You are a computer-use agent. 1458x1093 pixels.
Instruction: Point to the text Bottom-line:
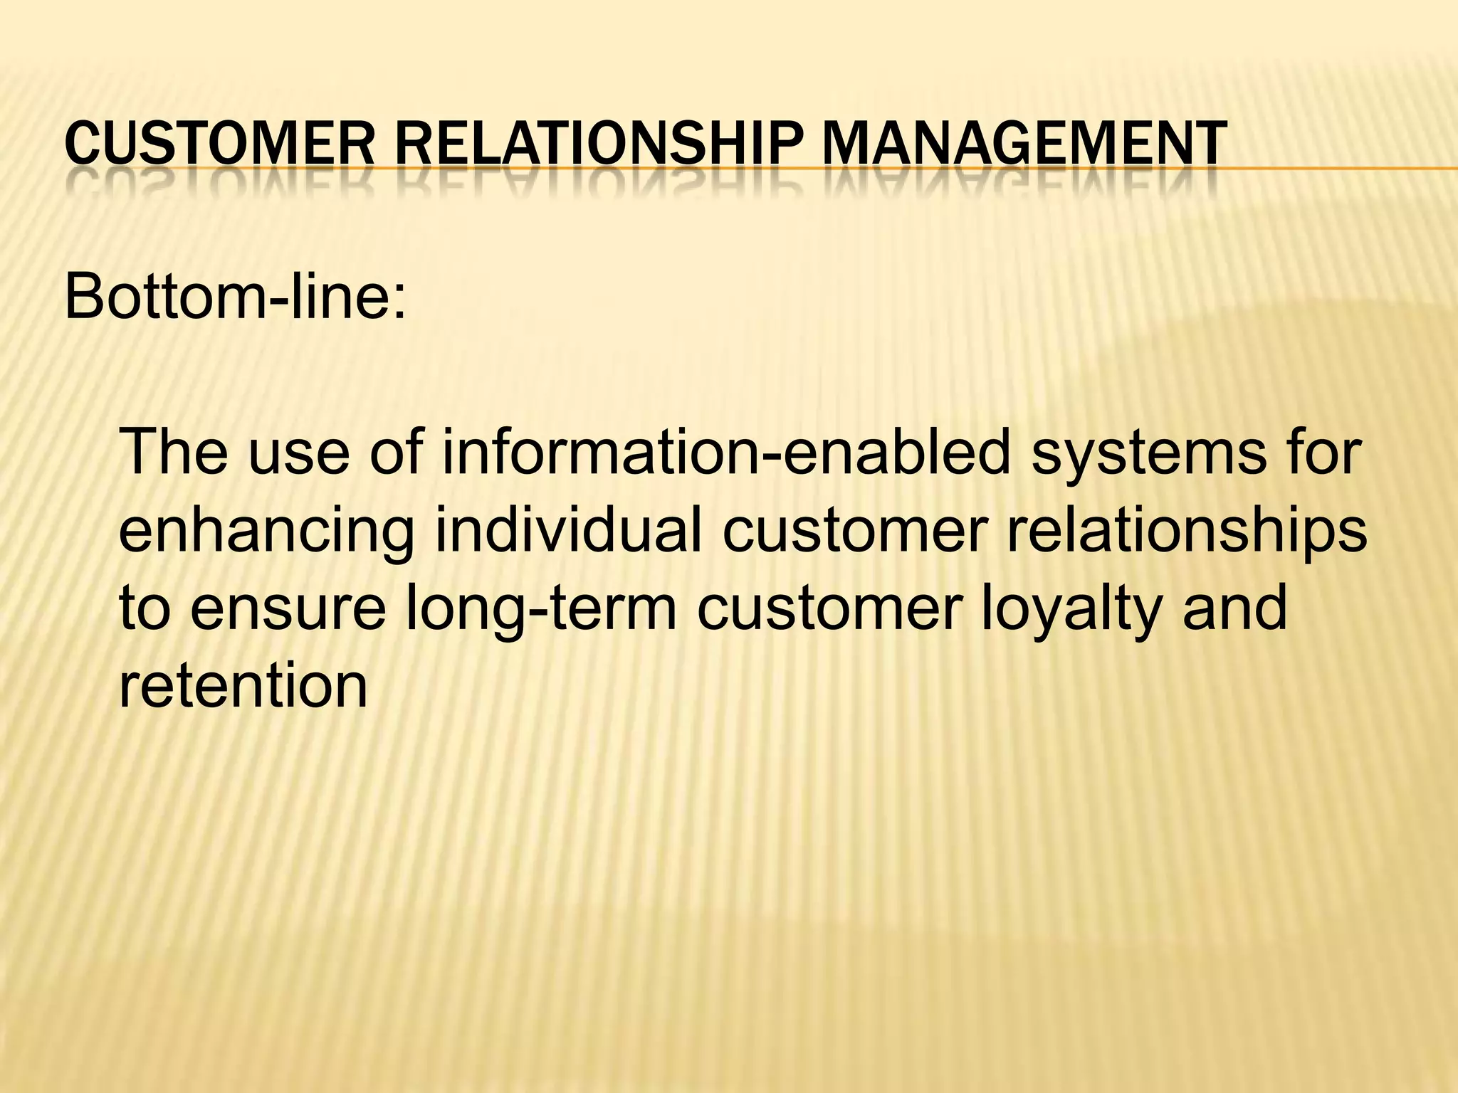tap(236, 297)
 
